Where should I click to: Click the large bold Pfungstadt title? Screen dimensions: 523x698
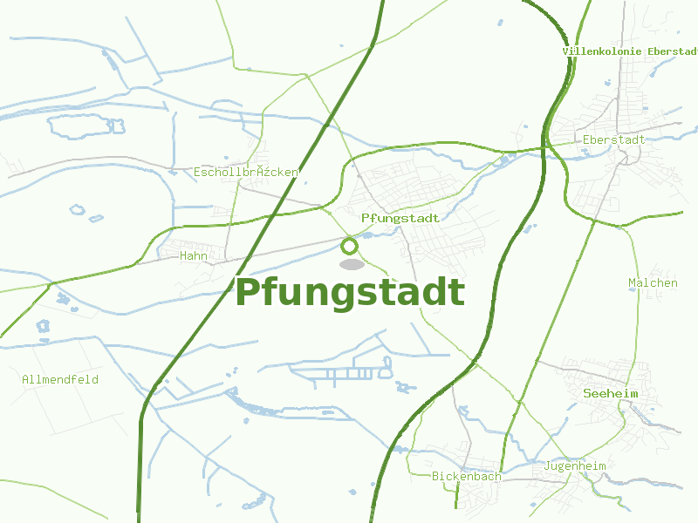coord(350,293)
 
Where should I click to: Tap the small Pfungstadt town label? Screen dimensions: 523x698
coord(400,218)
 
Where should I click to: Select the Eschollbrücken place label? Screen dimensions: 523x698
coord(245,173)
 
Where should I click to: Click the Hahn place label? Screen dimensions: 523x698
coord(193,256)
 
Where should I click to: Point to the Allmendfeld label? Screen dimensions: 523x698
coord(60,380)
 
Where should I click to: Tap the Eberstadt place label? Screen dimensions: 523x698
coord(613,139)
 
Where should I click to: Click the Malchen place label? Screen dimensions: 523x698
coord(653,283)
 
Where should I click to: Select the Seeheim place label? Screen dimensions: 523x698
coord(611,394)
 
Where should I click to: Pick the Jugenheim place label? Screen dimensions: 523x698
coord(574,466)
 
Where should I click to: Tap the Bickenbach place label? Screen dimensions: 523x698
coord(467,477)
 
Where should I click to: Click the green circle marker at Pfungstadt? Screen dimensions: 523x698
coord(350,246)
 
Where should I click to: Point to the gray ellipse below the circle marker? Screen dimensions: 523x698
coord(351,264)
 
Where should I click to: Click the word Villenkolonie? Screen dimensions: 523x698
coord(603,51)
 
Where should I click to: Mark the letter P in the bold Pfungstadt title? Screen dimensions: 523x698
coord(249,293)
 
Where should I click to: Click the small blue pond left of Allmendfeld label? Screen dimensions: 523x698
coord(43,326)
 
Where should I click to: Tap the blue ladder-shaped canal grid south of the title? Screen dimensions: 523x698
coord(341,373)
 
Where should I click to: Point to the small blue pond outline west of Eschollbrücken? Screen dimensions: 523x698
coord(78,210)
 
